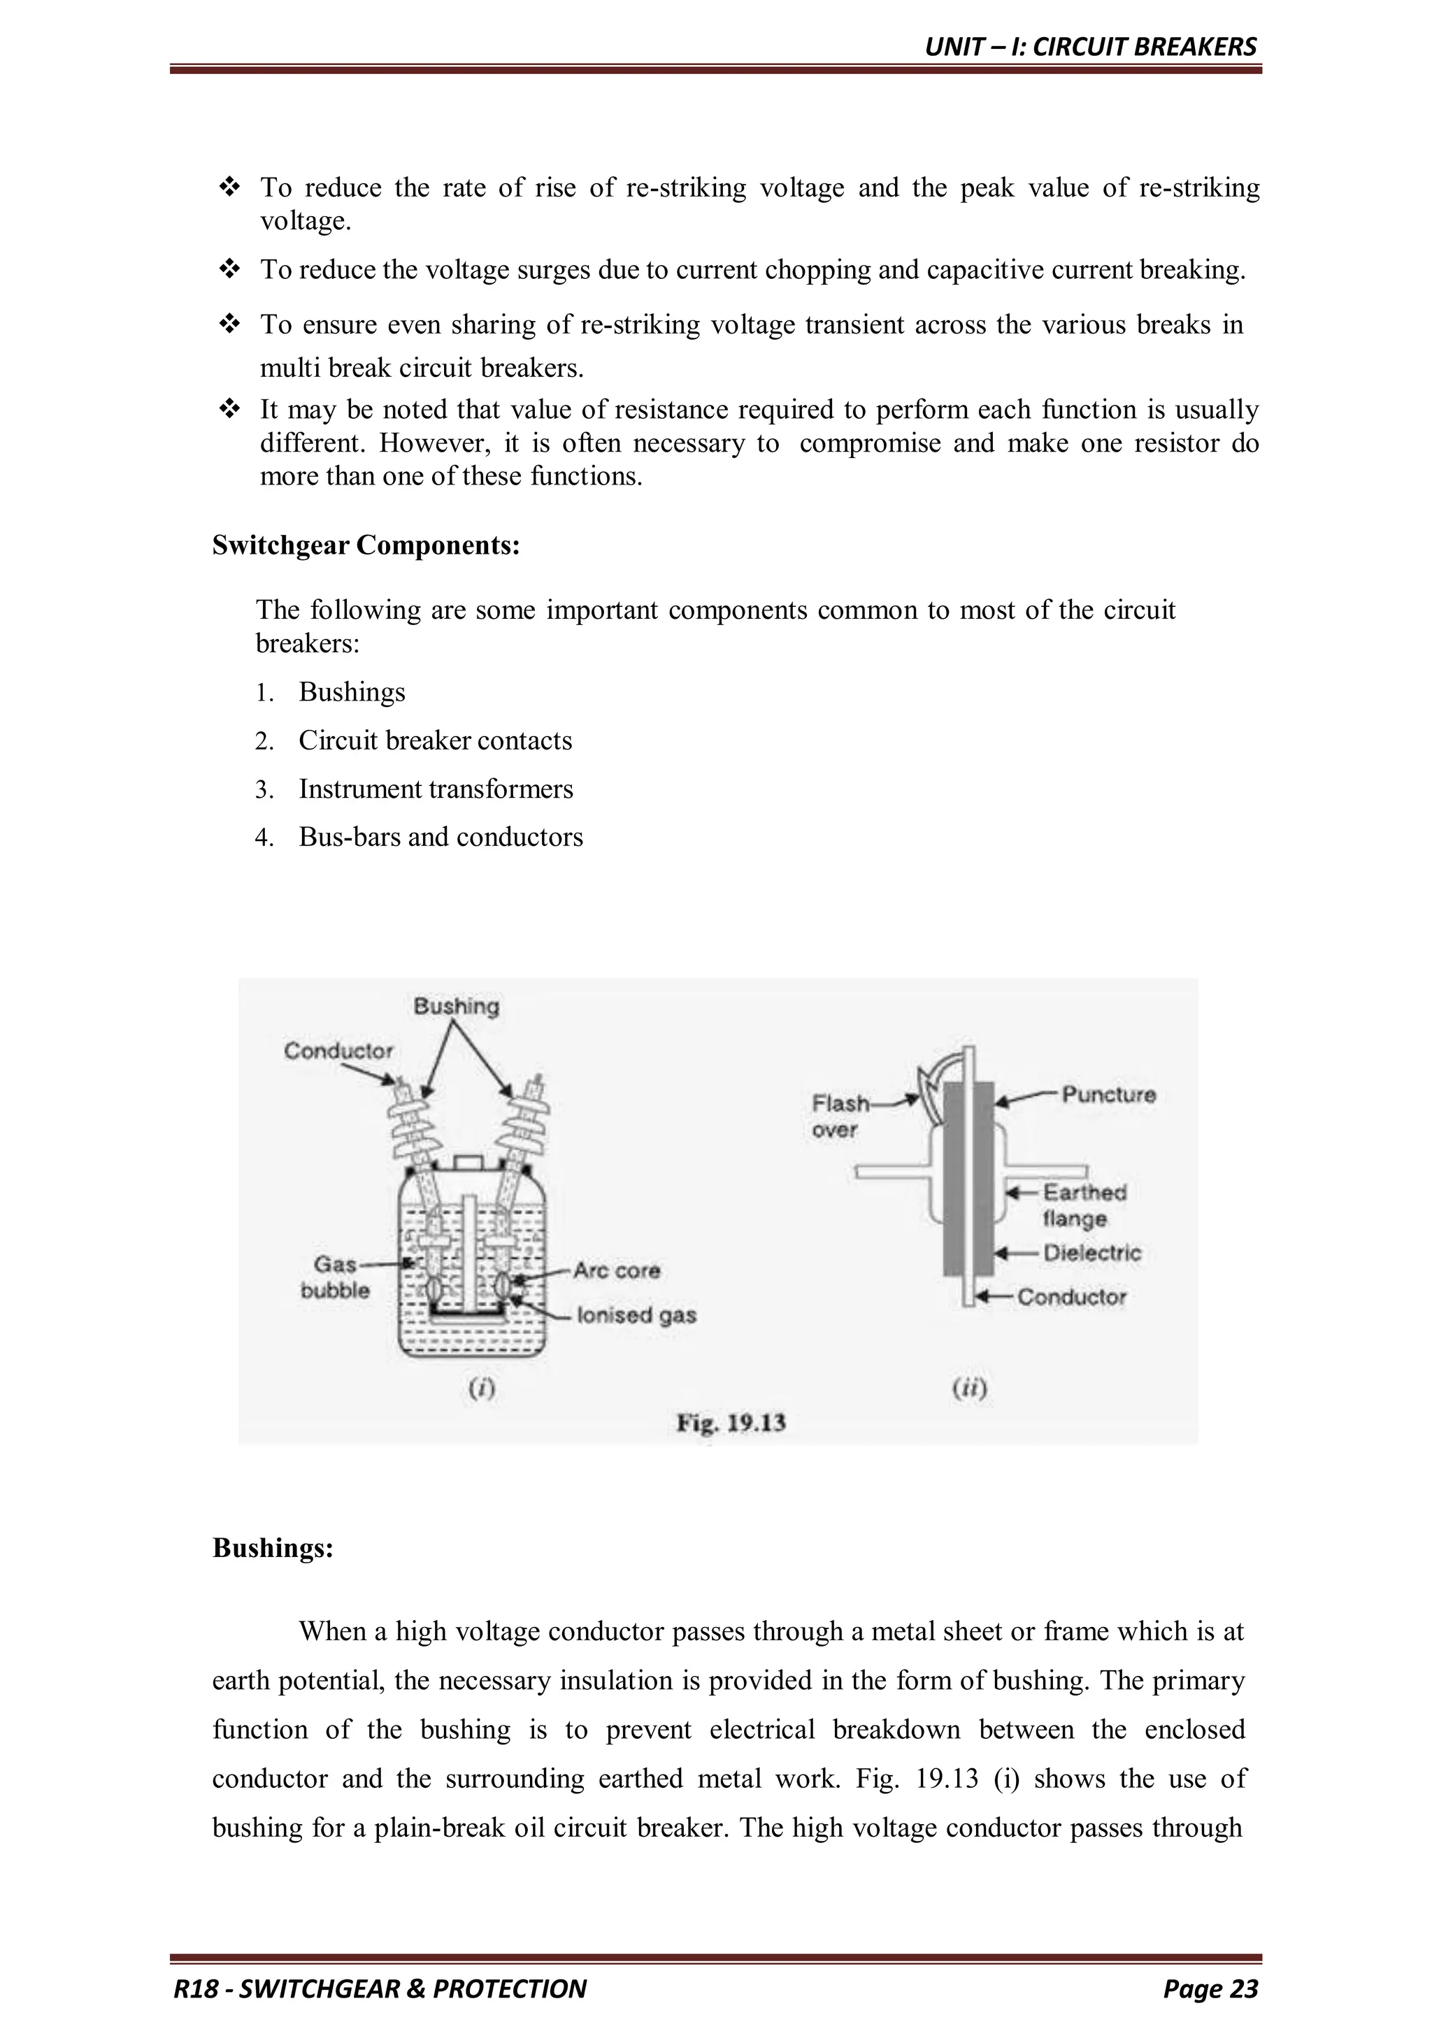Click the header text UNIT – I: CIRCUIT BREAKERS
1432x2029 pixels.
[1090, 47]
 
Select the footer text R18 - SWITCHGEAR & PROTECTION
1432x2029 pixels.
[380, 1989]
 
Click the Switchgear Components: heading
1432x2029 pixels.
[366, 546]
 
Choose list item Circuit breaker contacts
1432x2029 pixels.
[435, 740]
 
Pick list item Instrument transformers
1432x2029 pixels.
[436, 789]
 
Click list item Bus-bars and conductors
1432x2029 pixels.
[441, 837]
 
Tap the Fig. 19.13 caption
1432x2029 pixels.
[731, 1424]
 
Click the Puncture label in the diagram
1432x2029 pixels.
[1108, 1095]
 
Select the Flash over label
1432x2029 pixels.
[839, 1116]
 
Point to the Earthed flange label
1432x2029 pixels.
[1084, 1205]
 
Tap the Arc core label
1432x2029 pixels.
[616, 1271]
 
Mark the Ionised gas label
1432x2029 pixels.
[636, 1315]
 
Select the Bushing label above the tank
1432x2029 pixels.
[456, 1007]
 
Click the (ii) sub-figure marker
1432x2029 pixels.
[969, 1389]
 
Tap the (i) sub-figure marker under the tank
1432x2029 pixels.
[481, 1389]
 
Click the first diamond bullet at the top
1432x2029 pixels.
[230, 187]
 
